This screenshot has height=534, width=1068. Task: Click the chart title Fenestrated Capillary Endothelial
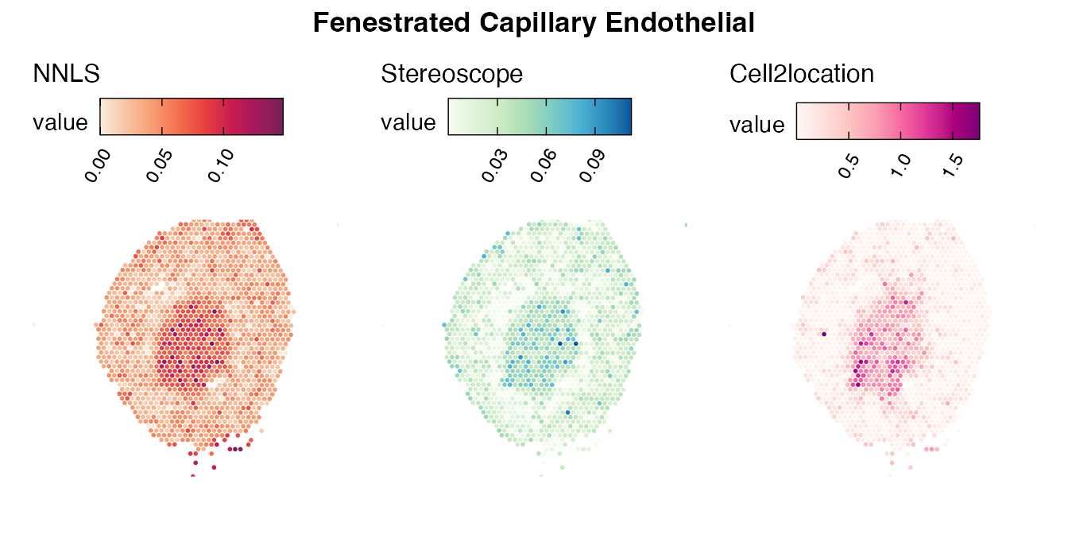pyautogui.click(x=533, y=23)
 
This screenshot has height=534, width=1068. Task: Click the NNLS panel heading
pyautogui.click(x=66, y=74)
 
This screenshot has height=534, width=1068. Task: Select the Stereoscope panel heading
pyautogui.click(x=451, y=74)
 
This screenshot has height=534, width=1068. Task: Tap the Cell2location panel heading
pyautogui.click(x=802, y=74)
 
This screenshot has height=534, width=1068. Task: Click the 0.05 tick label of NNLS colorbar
pyautogui.click(x=161, y=166)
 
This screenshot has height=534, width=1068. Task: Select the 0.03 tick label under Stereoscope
pyautogui.click(x=496, y=166)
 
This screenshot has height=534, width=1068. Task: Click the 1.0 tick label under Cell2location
pyautogui.click(x=900, y=164)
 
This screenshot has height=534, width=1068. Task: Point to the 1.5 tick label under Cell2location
pyautogui.click(x=954, y=164)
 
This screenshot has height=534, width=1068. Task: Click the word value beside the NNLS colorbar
pyautogui.click(x=60, y=122)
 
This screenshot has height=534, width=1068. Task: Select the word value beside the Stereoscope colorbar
pyautogui.click(x=408, y=122)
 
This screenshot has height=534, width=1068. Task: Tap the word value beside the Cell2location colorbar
pyautogui.click(x=757, y=126)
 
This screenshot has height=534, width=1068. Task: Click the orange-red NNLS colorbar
pyautogui.click(x=191, y=117)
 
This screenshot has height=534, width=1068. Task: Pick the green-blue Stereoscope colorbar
pyautogui.click(x=540, y=117)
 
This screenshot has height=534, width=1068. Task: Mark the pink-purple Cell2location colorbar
pyautogui.click(x=888, y=121)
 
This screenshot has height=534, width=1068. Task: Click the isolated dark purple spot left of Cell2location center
pyautogui.click(x=824, y=335)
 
